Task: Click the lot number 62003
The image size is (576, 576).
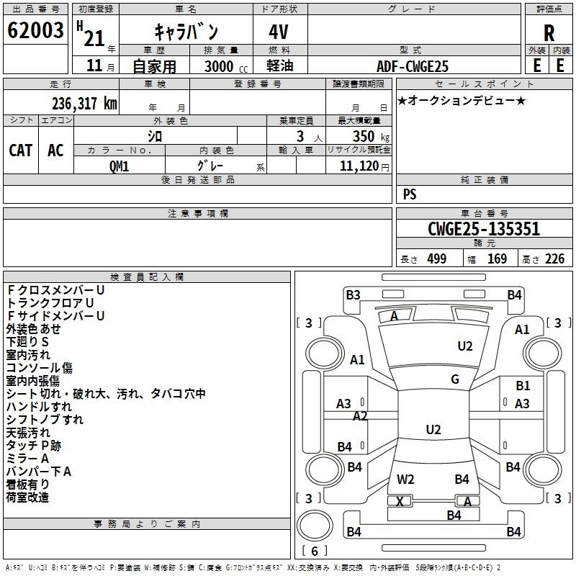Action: click(x=35, y=30)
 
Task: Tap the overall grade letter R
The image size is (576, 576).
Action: click(x=549, y=33)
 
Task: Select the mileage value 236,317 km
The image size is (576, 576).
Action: click(x=84, y=104)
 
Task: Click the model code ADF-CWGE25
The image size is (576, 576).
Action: click(x=413, y=66)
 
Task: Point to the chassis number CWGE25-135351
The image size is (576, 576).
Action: click(x=484, y=228)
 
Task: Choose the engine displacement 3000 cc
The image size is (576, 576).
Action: click(x=226, y=66)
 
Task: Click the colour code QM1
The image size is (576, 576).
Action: click(x=119, y=166)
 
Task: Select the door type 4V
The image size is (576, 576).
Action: click(x=279, y=32)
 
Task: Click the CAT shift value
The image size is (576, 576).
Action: click(x=21, y=150)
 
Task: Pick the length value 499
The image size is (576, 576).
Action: click(x=437, y=258)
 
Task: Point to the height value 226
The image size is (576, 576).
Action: click(x=554, y=258)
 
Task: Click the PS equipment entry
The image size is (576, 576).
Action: click(x=410, y=194)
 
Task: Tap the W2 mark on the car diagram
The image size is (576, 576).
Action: click(x=405, y=479)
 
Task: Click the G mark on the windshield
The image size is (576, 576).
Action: click(x=455, y=379)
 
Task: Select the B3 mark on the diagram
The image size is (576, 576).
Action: click(x=353, y=295)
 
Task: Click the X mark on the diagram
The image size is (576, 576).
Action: click(x=400, y=501)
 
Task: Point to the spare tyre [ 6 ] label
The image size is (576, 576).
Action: click(x=315, y=551)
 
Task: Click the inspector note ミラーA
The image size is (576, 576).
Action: click(x=27, y=459)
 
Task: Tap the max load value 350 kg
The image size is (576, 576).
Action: click(x=371, y=136)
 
